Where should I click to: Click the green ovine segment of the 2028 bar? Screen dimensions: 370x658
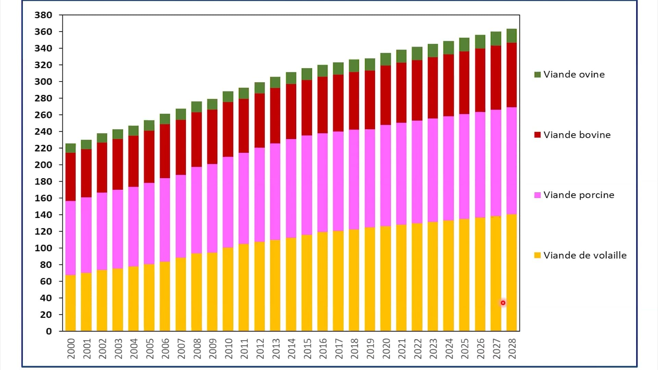click(511, 36)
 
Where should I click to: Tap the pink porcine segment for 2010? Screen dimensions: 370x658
click(228, 202)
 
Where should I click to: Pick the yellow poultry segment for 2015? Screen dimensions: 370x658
click(307, 283)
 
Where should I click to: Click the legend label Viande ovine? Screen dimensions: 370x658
click(574, 74)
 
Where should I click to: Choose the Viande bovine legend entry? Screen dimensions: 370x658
click(577, 135)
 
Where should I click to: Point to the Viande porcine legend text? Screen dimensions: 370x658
click(578, 195)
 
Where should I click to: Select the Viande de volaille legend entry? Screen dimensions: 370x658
click(585, 255)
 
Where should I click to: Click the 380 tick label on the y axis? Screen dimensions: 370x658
click(43, 15)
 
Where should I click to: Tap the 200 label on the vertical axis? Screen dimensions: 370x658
click(43, 165)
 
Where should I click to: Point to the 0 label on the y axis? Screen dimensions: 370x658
click(49, 331)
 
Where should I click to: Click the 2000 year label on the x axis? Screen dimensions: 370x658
click(71, 348)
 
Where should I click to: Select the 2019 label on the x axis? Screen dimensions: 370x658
click(370, 348)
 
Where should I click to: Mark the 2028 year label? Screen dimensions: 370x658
click(512, 348)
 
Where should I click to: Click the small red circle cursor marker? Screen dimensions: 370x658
click(503, 303)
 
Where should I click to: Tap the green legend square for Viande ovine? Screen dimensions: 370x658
click(537, 74)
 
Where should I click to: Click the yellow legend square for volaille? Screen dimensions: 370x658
click(537, 255)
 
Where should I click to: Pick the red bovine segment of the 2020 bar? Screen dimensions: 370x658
click(386, 95)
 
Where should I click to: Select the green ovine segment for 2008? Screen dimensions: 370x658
click(196, 107)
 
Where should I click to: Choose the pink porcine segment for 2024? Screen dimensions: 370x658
click(449, 168)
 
